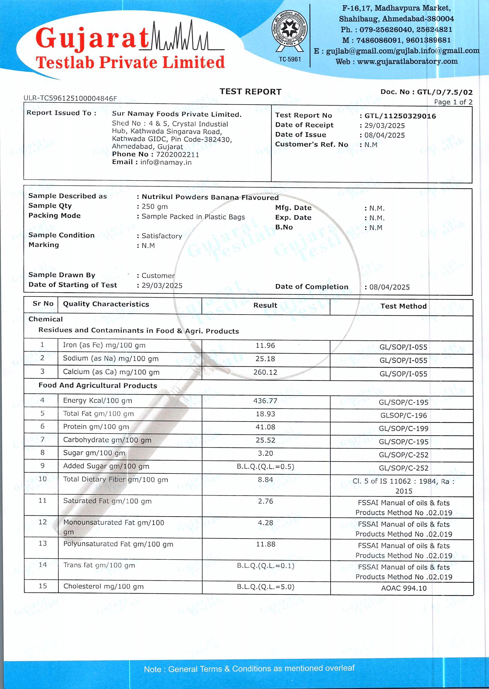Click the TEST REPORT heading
tap(250, 91)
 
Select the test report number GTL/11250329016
tap(400, 116)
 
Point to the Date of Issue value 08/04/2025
tap(385, 135)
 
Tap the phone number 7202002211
tap(177, 154)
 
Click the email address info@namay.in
tap(165, 162)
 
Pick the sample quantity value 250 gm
tap(154, 207)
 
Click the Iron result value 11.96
tap(265, 345)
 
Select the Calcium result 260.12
tap(265, 372)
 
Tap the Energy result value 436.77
tap(265, 401)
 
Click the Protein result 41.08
tap(265, 427)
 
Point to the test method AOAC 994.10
tap(404, 588)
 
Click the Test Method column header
tap(404, 306)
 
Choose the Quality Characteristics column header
tap(106, 304)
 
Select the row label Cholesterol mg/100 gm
tap(103, 586)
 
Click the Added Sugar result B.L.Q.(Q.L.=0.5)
tap(265, 467)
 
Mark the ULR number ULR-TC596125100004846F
tap(70, 98)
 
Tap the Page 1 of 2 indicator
tap(453, 102)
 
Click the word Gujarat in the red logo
tap(92, 39)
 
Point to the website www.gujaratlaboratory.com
tap(407, 61)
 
